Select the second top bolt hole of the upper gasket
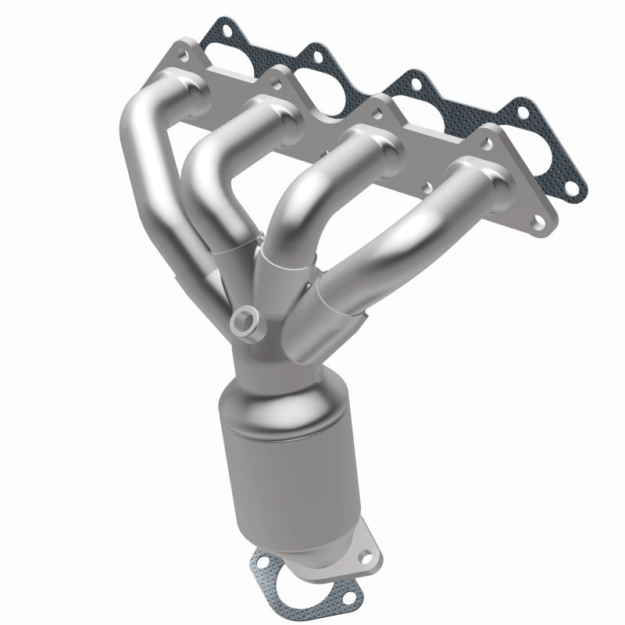click(312, 53)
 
